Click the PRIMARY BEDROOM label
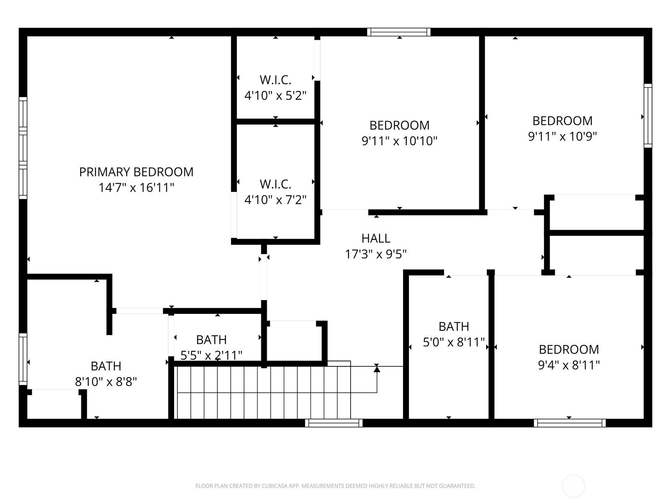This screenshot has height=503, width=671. [x=136, y=172]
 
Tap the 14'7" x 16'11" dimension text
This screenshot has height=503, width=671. [x=136, y=187]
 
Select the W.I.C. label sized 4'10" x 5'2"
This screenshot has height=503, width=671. [x=276, y=80]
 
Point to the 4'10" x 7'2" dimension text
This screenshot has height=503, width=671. [x=276, y=200]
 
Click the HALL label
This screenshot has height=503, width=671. [x=376, y=239]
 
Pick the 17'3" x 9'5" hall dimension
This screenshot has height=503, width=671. [x=376, y=254]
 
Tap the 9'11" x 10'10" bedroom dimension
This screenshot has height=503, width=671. [x=400, y=141]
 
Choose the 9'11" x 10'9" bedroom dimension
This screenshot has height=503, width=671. [x=562, y=137]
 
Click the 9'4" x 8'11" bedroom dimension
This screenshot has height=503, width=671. [x=569, y=365]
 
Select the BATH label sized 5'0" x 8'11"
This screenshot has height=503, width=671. [x=454, y=327]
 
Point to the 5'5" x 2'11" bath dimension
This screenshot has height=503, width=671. [x=211, y=355]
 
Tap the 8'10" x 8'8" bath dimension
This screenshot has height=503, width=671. [x=106, y=382]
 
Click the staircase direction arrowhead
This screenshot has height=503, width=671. [x=377, y=369]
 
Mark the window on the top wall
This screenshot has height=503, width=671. [x=399, y=32]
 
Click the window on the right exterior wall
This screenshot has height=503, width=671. [x=648, y=116]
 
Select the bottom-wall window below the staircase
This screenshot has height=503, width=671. [x=334, y=423]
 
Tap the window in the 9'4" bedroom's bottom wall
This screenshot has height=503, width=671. [x=570, y=423]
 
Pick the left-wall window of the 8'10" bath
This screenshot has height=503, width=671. [x=23, y=359]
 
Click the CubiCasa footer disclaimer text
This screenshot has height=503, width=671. [x=335, y=486]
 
